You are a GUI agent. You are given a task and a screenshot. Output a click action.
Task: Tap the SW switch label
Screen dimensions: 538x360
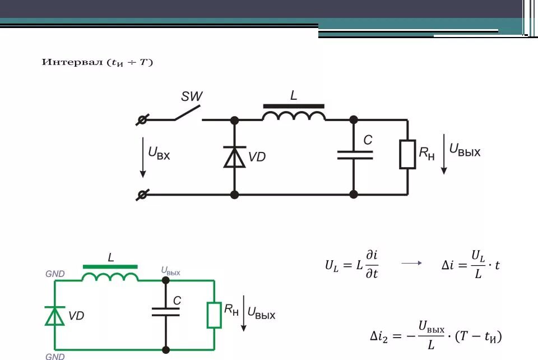point(192,96)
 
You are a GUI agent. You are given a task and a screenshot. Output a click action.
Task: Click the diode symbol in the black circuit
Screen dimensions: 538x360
point(234,157)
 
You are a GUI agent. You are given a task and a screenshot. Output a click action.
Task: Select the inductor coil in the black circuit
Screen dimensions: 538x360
point(294,116)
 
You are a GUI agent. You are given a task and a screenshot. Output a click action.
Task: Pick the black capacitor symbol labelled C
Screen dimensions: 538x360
point(355,155)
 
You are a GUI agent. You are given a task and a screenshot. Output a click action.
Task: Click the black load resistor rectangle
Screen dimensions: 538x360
point(407,154)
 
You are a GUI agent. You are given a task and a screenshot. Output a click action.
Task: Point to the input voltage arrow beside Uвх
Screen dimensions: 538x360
point(143,157)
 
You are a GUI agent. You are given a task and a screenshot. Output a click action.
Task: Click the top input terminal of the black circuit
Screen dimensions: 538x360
point(142,120)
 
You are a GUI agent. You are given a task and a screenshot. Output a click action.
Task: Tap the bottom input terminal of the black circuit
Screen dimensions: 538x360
point(142,195)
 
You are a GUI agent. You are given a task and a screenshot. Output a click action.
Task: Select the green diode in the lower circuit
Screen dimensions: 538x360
point(54,316)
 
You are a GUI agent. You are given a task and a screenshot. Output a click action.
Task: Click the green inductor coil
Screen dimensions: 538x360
point(110,276)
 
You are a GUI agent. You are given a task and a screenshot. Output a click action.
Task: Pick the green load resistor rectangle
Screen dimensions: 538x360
point(214,315)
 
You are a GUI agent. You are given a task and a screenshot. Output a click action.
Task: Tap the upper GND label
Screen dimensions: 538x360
point(55,274)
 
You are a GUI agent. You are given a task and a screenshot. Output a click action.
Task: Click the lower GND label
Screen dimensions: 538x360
point(55,356)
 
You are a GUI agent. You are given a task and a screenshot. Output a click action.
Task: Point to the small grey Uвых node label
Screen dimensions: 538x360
point(170,271)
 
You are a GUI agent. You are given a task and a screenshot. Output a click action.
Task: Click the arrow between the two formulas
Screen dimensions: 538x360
point(411,263)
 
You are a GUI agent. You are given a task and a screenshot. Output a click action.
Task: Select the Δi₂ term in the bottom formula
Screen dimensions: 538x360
point(379,336)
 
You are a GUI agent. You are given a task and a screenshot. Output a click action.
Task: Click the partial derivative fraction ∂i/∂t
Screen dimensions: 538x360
point(372,264)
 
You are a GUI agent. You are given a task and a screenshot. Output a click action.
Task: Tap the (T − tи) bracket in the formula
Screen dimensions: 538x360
point(478,336)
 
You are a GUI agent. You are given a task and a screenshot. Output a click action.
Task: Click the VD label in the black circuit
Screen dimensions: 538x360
point(257,157)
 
